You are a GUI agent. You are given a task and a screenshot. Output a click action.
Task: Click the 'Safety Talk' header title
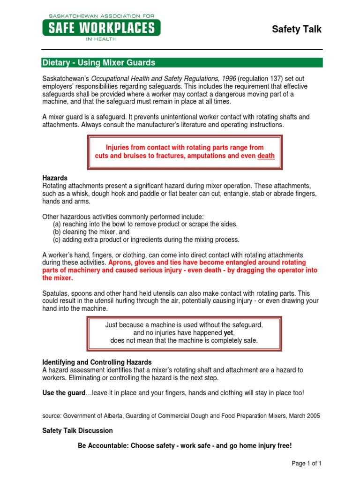coord(297,30)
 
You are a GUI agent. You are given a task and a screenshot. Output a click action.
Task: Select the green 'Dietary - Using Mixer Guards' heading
coord(99,63)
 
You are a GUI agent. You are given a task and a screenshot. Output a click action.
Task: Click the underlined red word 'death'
coord(266,156)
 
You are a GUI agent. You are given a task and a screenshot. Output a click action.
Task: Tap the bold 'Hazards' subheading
coord(55,178)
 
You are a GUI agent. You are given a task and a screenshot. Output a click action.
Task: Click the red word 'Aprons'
coord(120,262)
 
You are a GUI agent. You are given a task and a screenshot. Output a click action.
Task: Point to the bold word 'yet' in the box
coord(229,333)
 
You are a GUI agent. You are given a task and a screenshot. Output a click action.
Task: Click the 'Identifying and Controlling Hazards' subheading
coord(97,362)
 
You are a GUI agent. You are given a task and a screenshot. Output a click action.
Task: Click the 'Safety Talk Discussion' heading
coord(77,430)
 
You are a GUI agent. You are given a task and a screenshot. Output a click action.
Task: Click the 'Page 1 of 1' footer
coord(307,464)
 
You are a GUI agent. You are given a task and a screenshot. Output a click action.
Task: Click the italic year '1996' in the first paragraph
coord(229,78)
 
